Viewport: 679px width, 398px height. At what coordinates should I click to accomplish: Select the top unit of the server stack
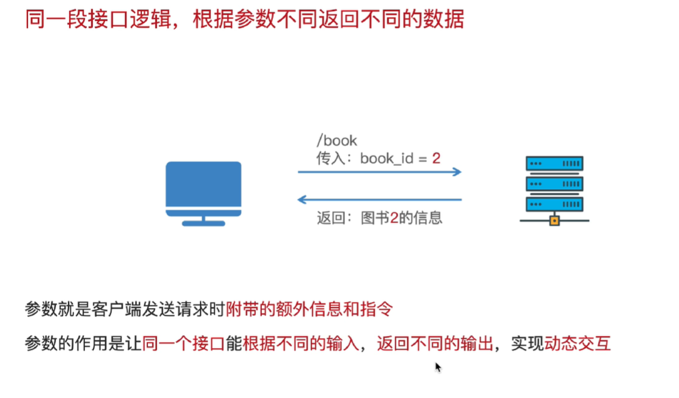554,163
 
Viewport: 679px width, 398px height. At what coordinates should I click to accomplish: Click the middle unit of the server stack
554,184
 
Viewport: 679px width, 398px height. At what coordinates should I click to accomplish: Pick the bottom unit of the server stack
554,204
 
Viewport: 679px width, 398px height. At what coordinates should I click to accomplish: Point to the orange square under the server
554,220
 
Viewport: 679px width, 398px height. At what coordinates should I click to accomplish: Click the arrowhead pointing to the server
457,172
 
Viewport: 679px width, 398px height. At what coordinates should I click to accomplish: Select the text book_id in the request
386,159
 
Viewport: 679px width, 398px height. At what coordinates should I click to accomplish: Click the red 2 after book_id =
436,158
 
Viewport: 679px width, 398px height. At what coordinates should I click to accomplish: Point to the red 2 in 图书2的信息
395,218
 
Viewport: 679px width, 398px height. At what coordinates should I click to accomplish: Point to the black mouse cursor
437,366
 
